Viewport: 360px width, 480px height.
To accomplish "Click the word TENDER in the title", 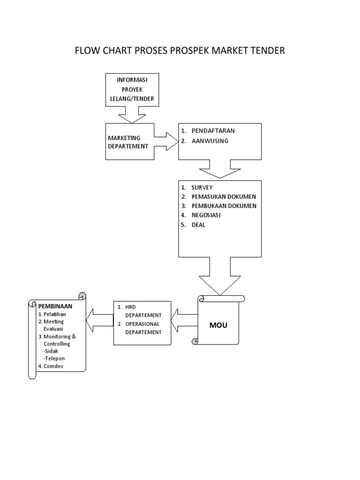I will click(264, 51).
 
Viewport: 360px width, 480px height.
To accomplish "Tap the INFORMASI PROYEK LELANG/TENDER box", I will click(132, 90).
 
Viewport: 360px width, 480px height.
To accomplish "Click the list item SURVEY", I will click(202, 187).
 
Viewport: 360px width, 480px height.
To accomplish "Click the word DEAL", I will click(198, 225).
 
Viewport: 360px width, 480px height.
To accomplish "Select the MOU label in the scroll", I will click(218, 325).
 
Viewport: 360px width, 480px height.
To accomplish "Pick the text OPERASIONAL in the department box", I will click(143, 324).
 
